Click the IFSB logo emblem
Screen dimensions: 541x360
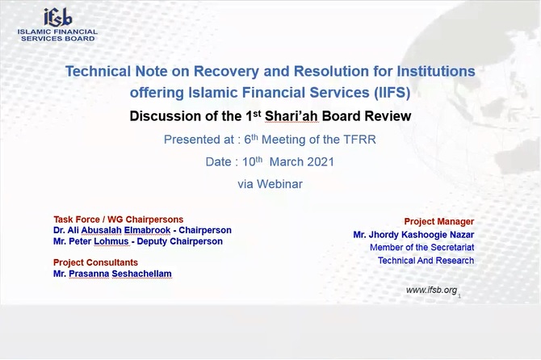(57, 17)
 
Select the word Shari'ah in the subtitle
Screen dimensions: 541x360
(291, 116)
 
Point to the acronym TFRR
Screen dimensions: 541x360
(359, 140)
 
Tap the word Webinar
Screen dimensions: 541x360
(280, 184)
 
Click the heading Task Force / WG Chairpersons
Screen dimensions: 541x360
(119, 220)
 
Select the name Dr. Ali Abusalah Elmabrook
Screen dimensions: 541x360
(111, 230)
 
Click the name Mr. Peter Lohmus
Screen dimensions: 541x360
(90, 241)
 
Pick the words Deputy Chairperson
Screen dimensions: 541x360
(180, 241)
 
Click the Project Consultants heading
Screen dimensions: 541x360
(95, 262)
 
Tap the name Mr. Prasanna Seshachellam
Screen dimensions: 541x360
(112, 274)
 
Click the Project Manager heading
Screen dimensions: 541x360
(439, 221)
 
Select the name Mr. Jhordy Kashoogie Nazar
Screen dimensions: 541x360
(413, 234)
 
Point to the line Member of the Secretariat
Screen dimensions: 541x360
(422, 247)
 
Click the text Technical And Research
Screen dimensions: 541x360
(426, 261)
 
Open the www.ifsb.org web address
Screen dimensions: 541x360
(432, 290)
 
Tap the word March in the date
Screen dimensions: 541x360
(284, 162)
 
